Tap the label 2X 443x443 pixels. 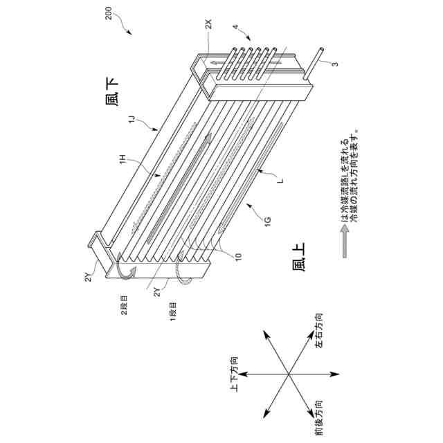point(210,24)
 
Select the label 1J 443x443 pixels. point(131,121)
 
